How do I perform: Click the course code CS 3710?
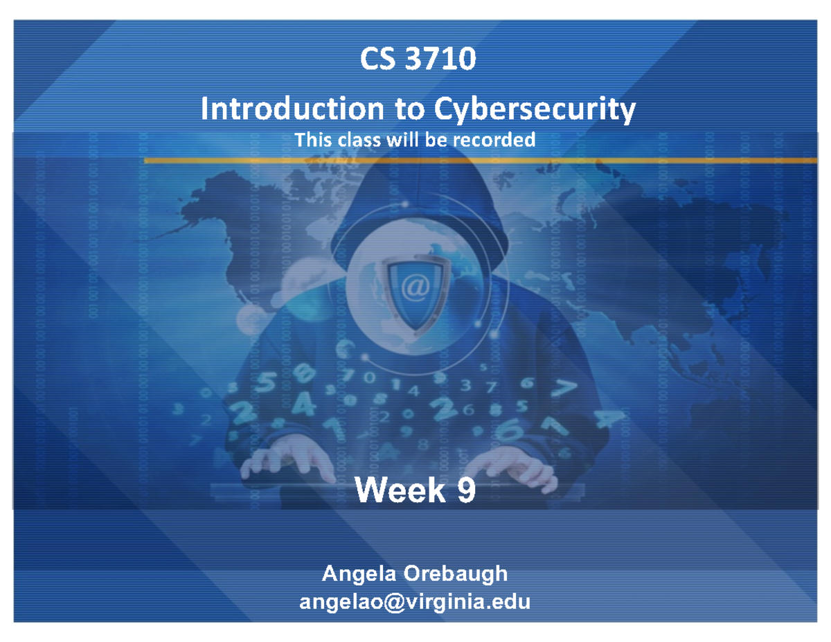click(417, 60)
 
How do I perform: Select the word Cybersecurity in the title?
click(534, 109)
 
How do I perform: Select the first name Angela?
click(357, 573)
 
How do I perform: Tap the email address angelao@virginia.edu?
click(415, 601)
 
